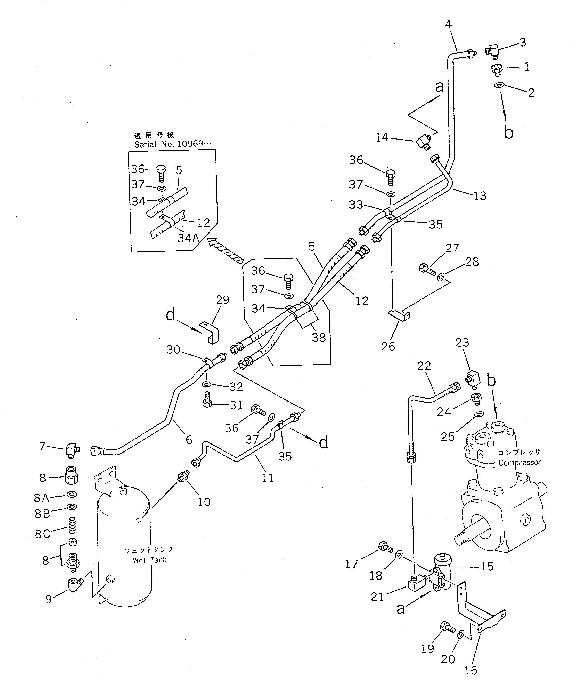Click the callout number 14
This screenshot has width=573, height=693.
[x=382, y=137]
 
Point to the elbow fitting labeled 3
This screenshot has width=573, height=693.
[x=493, y=51]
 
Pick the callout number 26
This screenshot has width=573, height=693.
[x=388, y=346]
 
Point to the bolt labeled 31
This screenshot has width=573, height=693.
[x=207, y=399]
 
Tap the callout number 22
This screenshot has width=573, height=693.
[x=424, y=366]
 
